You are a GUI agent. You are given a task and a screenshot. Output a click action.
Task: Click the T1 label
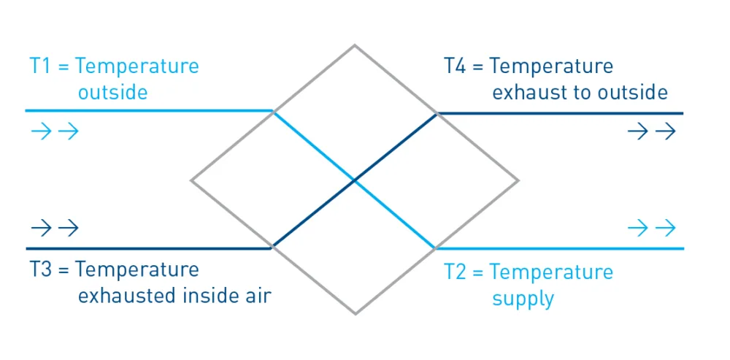pyautogui.click(x=114, y=79)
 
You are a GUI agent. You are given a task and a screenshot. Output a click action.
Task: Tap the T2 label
pyautogui.click(x=528, y=285)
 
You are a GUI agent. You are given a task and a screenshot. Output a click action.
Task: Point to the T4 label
pyautogui.click(x=556, y=79)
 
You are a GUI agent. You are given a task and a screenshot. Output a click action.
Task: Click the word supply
pyautogui.click(x=523, y=299)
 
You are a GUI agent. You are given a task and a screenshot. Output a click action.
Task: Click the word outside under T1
pyautogui.click(x=112, y=92)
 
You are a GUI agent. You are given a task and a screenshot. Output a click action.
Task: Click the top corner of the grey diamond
pyautogui.click(x=355, y=45)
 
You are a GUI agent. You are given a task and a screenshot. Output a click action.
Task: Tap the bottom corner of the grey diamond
pyautogui.click(x=356, y=314)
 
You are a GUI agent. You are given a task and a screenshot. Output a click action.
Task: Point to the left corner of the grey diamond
pyautogui.click(x=191, y=180)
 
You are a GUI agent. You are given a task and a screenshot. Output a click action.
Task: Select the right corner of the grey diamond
pyautogui.click(x=518, y=180)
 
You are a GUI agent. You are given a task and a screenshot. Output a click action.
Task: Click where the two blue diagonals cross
pyautogui.click(x=355, y=180)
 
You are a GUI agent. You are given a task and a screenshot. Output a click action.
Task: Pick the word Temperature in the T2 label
pyautogui.click(x=551, y=272)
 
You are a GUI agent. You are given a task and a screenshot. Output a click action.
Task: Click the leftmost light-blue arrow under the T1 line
pyautogui.click(x=41, y=131)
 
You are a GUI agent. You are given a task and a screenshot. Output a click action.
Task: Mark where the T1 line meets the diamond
pyautogui.click(x=273, y=111)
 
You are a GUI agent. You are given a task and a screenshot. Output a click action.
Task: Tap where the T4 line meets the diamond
pyautogui.click(x=437, y=113)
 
